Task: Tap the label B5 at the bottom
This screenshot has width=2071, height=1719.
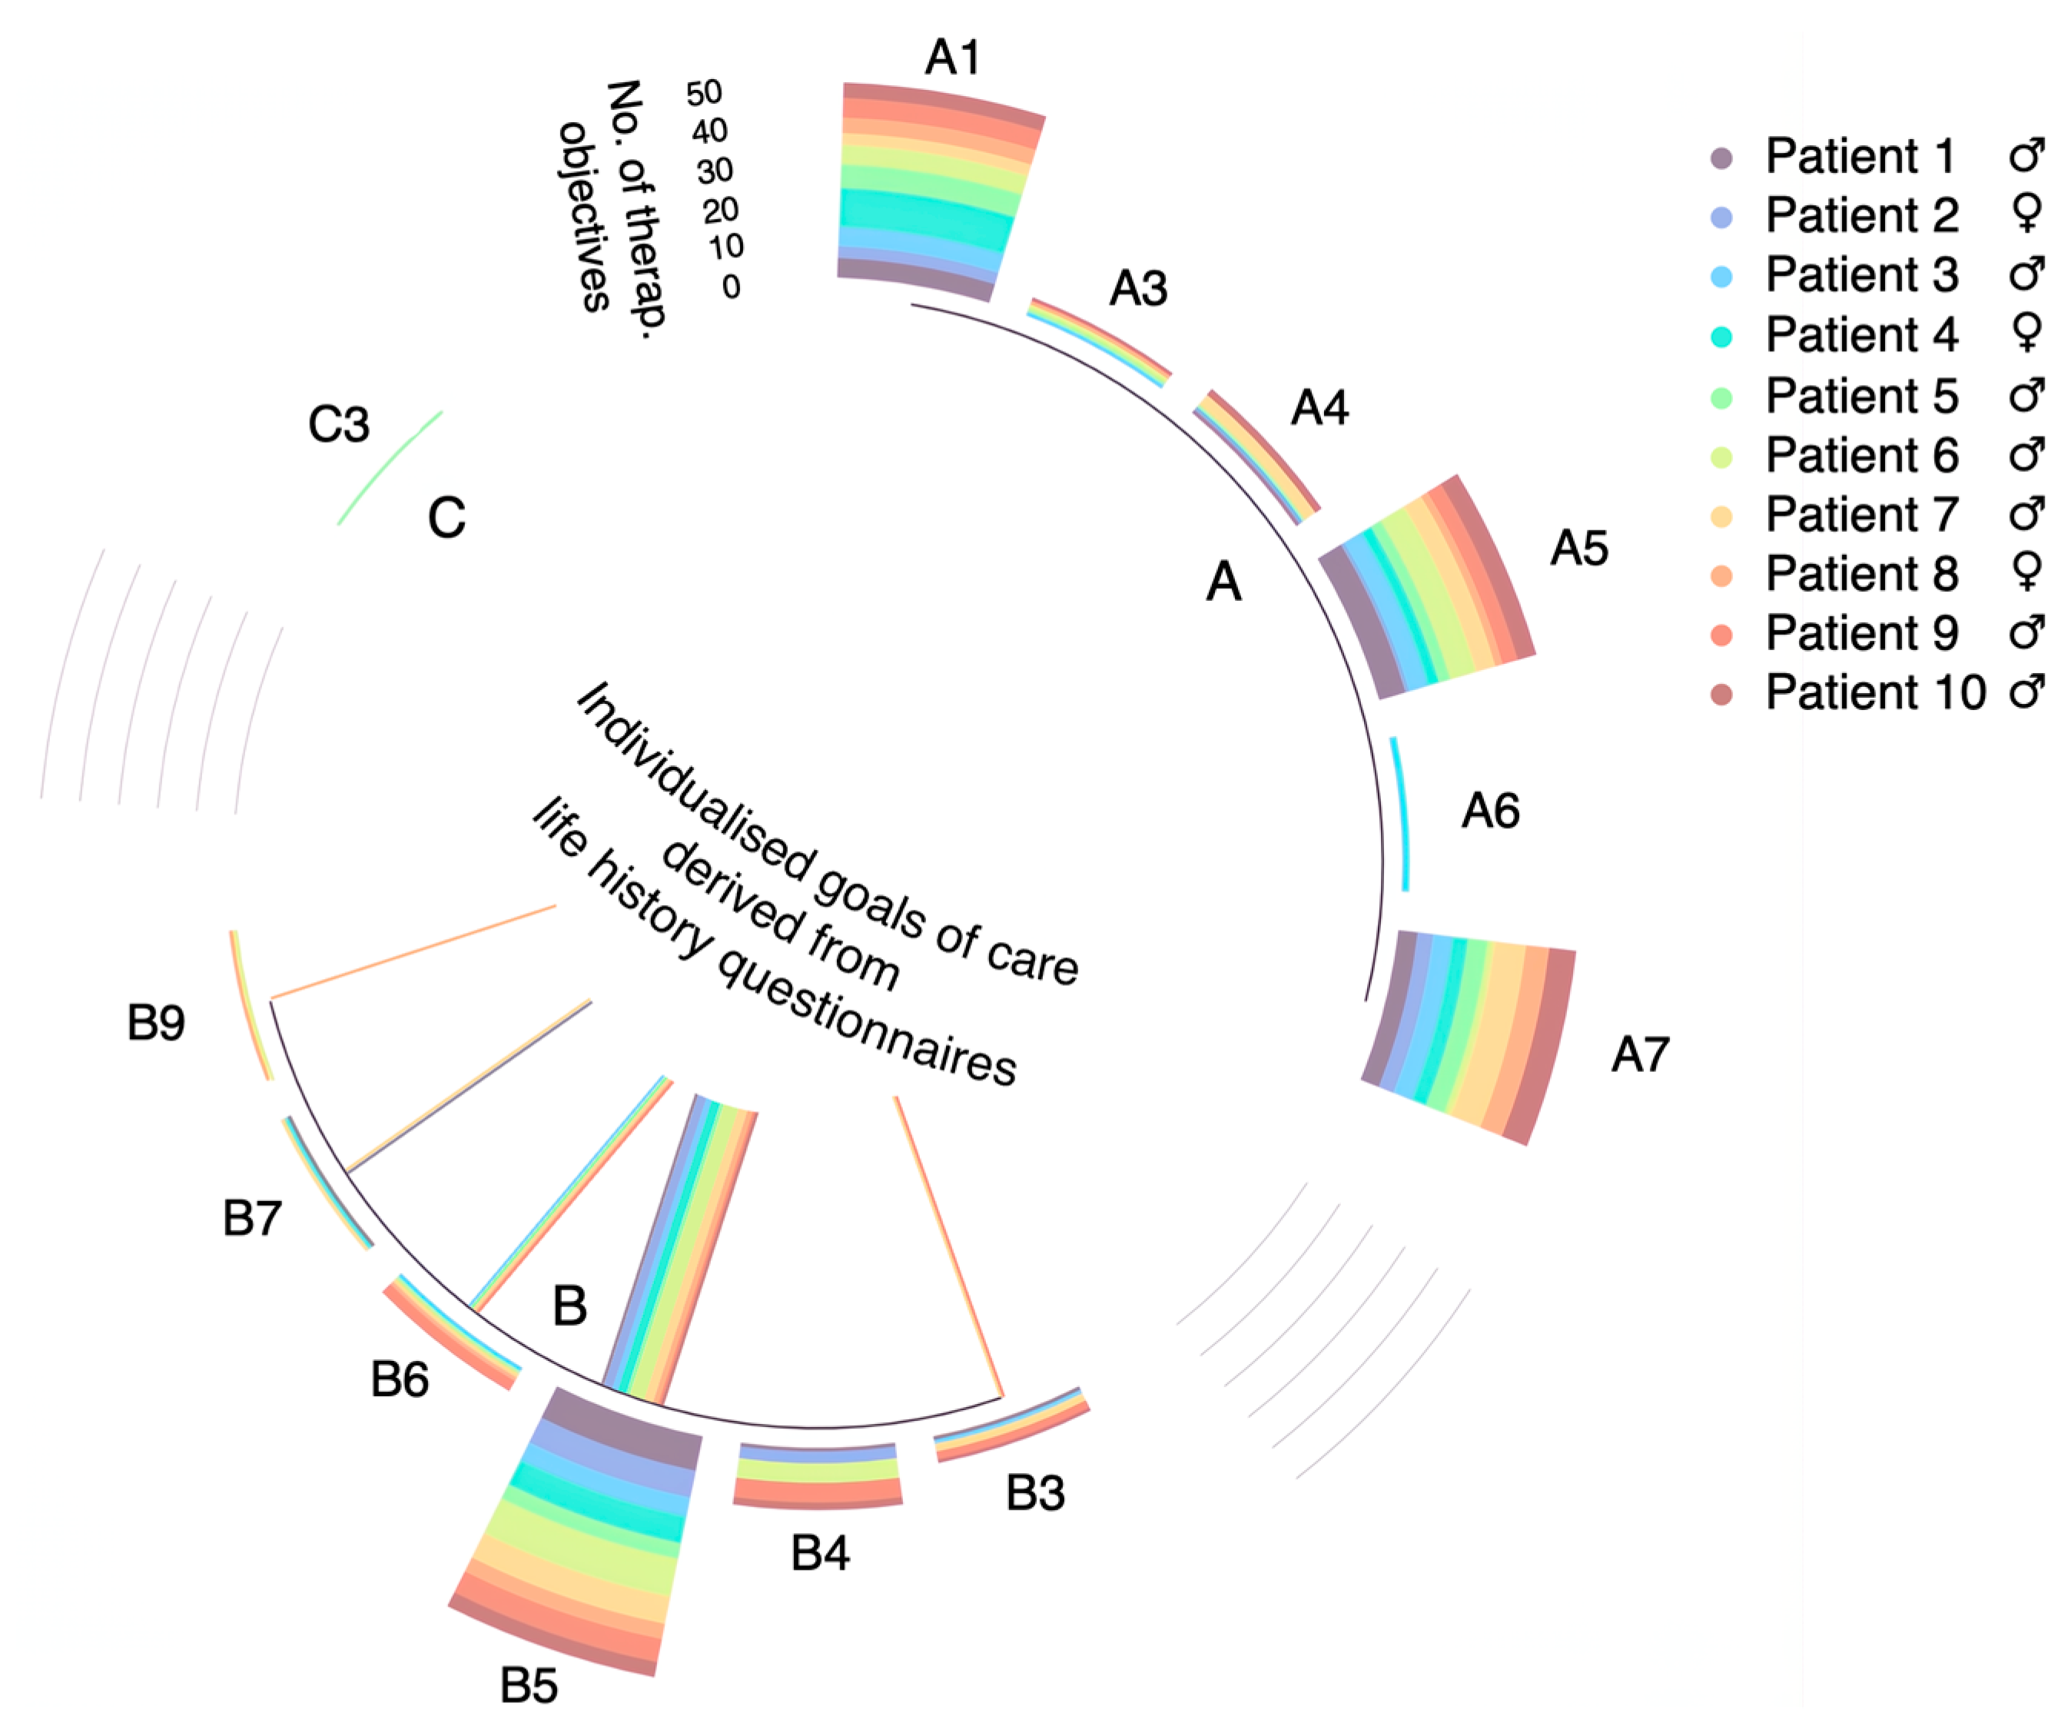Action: pos(529,1684)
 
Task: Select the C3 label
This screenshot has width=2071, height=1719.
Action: pos(338,424)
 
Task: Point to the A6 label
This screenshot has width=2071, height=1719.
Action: pos(1490,811)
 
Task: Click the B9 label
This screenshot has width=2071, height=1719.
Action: pos(156,1022)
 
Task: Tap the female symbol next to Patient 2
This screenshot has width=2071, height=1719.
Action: pos(2026,214)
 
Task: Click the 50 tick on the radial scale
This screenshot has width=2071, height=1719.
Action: pos(704,94)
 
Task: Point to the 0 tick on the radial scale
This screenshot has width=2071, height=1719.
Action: pos(731,287)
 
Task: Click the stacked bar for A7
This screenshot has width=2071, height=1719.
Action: pos(1469,1036)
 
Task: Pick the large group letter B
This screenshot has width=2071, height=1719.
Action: pos(570,1306)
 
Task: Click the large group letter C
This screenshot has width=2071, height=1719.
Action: pos(446,517)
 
